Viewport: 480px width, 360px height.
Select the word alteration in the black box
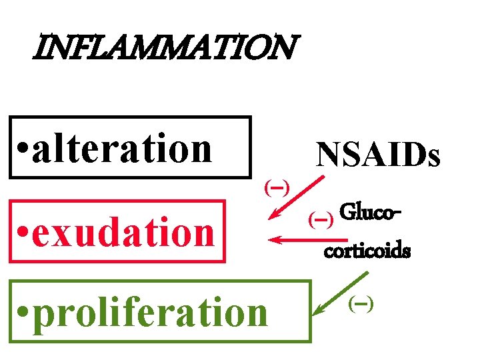[121, 148]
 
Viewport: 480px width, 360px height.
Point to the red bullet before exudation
[23, 234]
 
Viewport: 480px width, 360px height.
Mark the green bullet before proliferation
[23, 313]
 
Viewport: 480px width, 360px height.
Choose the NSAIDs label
[378, 155]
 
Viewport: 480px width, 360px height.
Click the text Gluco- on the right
[371, 213]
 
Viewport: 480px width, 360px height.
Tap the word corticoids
[367, 253]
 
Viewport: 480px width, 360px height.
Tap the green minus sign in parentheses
[361, 304]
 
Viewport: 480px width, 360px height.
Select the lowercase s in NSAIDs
[433, 158]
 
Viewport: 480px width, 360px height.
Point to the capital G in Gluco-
[347, 213]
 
